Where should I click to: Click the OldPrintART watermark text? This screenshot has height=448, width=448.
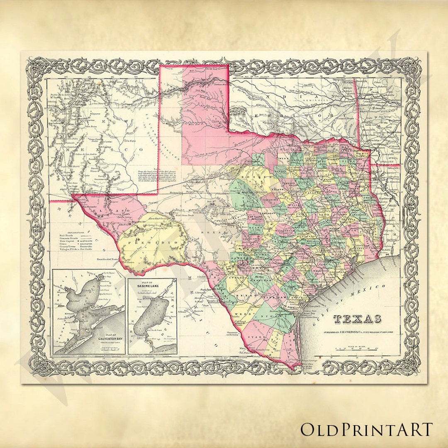coord(367,430)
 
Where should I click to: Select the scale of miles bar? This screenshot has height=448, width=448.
coord(357,350)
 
